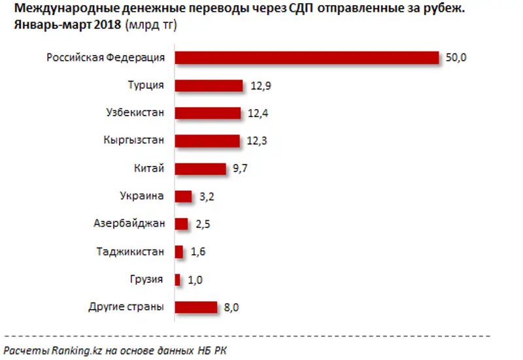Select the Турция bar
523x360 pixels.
pyautogui.click(x=209, y=86)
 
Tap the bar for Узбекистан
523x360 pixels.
pyautogui.click(x=208, y=113)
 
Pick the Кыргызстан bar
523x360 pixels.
pyautogui.click(x=207, y=140)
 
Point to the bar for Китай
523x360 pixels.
pyautogui.click(x=200, y=169)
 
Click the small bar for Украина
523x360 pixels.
pyautogui.click(x=183, y=196)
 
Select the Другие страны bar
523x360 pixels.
pyautogui.click(x=195, y=306)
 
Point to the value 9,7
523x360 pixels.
pyautogui.click(x=239, y=169)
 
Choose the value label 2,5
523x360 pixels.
pyautogui.click(x=203, y=224)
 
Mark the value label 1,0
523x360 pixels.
pyautogui.click(x=194, y=279)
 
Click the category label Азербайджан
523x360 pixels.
pyautogui.click(x=129, y=223)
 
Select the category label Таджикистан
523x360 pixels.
pyautogui.click(x=129, y=251)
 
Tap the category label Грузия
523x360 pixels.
pyautogui.click(x=146, y=279)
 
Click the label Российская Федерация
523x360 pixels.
pyautogui.click(x=105, y=58)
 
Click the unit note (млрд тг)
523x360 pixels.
pyautogui.click(x=150, y=25)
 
